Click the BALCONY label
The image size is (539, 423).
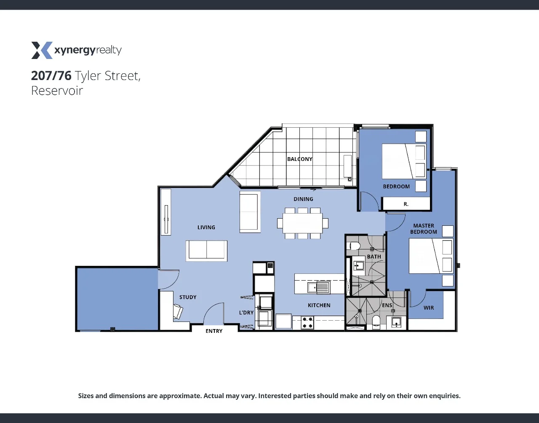click(299, 159)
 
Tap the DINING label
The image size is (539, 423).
click(303, 199)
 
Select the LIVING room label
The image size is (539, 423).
click(206, 228)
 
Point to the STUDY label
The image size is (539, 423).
click(188, 297)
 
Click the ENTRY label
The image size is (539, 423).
click(214, 331)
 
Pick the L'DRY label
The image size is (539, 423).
click(246, 313)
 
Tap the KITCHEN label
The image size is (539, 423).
click(319, 305)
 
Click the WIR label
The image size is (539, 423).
click(429, 308)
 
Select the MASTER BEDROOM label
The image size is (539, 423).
click(424, 229)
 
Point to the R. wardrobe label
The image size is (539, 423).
click(406, 204)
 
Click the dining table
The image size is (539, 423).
click(302, 223)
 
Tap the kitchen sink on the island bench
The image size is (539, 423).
click(318, 288)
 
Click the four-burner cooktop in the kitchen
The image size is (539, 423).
click(307, 323)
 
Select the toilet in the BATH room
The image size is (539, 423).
click(354, 246)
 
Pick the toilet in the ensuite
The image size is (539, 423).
click(376, 322)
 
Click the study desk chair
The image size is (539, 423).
click(179, 312)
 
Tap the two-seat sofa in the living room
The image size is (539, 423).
click(206, 250)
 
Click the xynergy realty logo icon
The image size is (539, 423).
click(41, 50)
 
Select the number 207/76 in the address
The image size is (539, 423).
click(51, 76)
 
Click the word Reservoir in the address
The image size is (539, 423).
click(57, 91)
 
